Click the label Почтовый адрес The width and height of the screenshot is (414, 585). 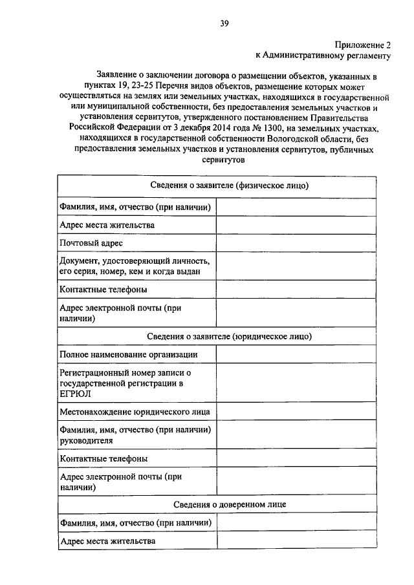(91, 242)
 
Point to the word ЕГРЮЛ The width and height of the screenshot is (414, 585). (74, 393)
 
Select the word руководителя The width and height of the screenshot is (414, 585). (86, 440)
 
